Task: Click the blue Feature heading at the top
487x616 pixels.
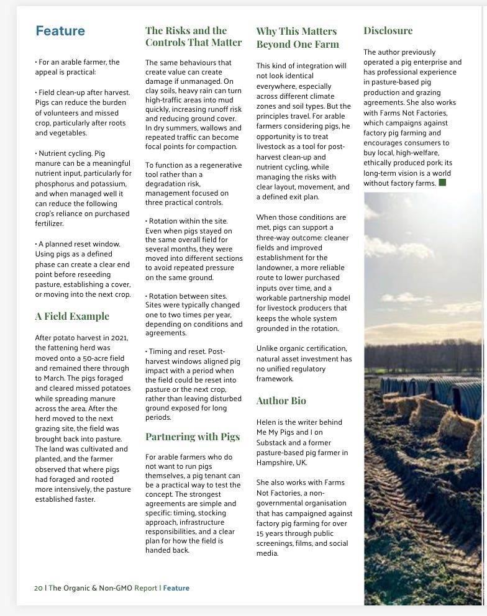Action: click(60, 31)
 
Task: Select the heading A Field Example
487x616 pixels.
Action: click(72, 317)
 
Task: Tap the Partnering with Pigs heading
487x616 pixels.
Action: click(193, 437)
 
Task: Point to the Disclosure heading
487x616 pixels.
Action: click(388, 30)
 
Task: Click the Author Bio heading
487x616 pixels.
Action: click(281, 401)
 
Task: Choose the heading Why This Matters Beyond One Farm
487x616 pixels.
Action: click(298, 37)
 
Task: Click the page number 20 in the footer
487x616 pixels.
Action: click(39, 587)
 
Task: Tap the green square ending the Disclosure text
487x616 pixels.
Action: click(442, 183)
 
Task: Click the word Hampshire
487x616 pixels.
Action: click(277, 462)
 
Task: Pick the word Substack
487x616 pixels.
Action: click(272, 442)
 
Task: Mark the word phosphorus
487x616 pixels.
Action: click(57, 183)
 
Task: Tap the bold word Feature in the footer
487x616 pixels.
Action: click(176, 587)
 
